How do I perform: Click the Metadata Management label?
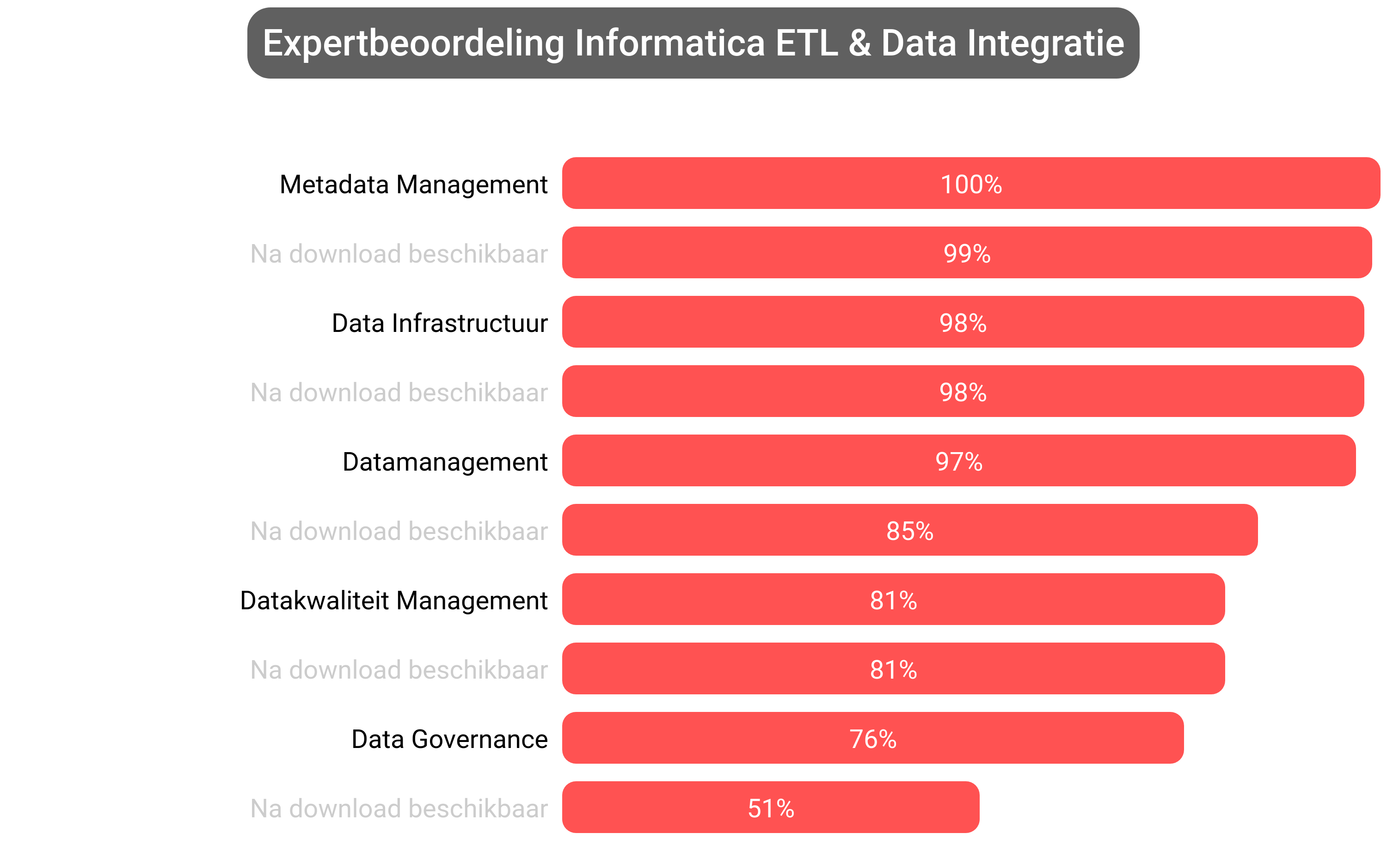[x=413, y=184]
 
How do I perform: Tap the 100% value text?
[x=970, y=184]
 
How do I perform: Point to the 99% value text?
[x=966, y=254]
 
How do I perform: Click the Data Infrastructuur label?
[x=439, y=323]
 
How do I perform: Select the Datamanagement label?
[x=445, y=461]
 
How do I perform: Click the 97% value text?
[x=958, y=461]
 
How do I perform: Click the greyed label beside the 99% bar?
[x=399, y=254]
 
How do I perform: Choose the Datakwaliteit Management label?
[x=393, y=601]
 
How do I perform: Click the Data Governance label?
[x=449, y=739]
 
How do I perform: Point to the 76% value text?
[x=873, y=739]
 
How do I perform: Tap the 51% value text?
[x=771, y=809]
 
